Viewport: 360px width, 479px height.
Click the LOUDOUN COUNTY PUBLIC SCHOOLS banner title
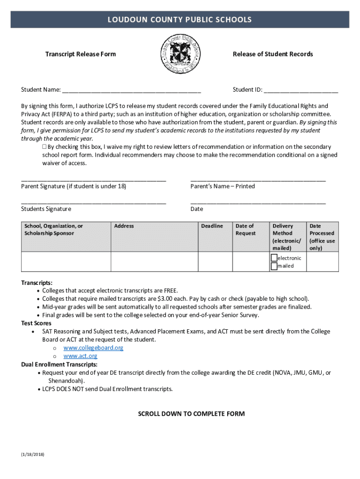[x=180, y=20]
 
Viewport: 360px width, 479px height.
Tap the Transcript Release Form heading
[x=80, y=54]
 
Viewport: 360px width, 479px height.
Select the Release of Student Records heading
[x=273, y=54]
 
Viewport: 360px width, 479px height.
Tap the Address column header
[x=124, y=226]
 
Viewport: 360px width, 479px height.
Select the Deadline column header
[x=212, y=226]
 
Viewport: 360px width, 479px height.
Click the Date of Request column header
[x=245, y=230]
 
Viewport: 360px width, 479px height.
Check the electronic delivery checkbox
[x=274, y=258]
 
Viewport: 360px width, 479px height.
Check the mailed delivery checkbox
[x=274, y=266]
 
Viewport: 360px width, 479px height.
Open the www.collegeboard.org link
[x=94, y=348]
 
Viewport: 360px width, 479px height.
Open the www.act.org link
[x=80, y=356]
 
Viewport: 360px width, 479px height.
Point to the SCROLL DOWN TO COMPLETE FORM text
[x=191, y=414]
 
